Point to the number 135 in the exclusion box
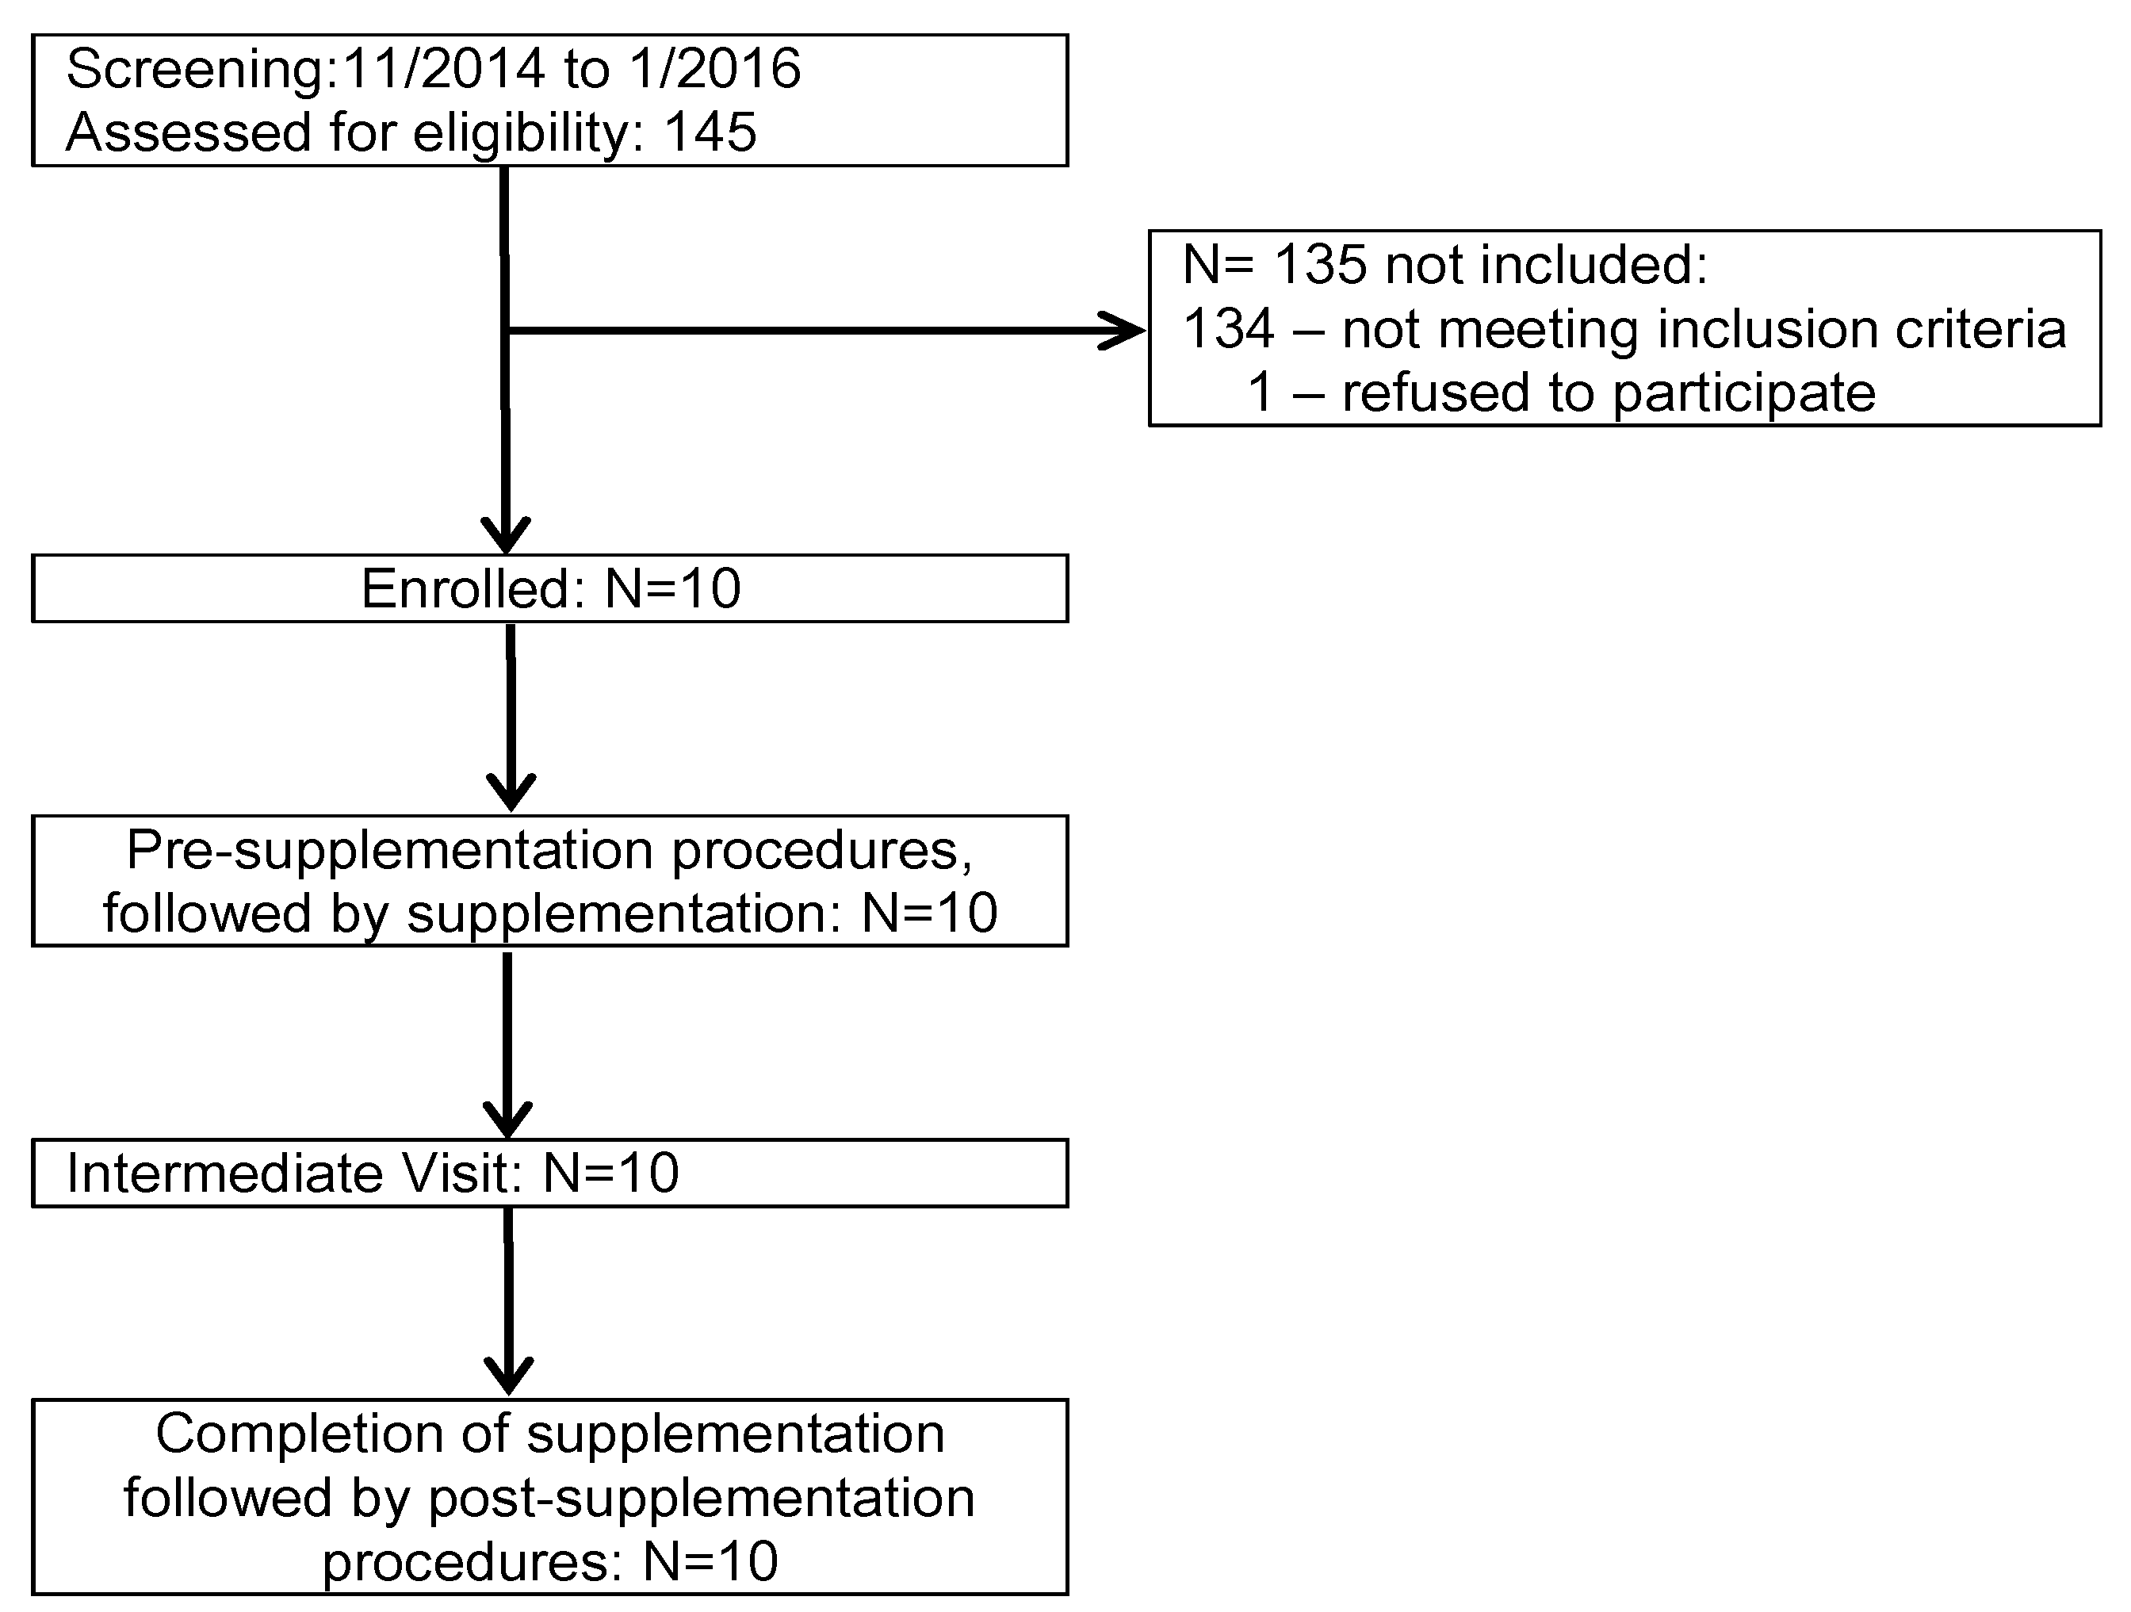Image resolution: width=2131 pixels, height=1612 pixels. pyautogui.click(x=1320, y=264)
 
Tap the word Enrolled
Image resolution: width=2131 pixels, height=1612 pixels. pyautogui.click(x=466, y=588)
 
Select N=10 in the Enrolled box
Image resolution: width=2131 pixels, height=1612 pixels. pyautogui.click(x=672, y=588)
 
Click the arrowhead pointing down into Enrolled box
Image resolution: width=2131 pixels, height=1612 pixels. pyautogui.click(x=506, y=534)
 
